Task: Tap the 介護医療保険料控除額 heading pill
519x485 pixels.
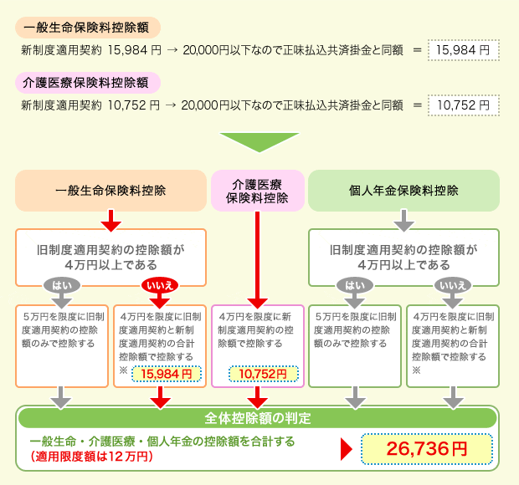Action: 88,83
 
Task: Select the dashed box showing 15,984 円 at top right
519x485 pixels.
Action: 463,50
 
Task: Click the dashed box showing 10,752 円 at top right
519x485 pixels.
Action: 463,105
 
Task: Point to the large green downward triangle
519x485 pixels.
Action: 259,141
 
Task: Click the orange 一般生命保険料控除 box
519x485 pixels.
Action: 110,191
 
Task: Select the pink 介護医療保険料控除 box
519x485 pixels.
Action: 258,191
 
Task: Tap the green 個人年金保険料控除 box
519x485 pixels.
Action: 403,191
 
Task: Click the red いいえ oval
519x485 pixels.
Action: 159,285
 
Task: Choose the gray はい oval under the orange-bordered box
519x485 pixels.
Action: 62,285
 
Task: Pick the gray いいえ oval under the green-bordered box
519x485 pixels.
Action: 452,285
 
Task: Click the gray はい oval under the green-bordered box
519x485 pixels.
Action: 355,285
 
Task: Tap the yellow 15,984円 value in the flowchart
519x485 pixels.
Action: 167,373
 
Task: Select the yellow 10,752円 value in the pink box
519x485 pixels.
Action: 264,374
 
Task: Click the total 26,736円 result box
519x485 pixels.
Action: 426,448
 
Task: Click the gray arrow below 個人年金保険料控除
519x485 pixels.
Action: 403,221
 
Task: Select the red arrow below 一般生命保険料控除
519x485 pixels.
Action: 110,221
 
